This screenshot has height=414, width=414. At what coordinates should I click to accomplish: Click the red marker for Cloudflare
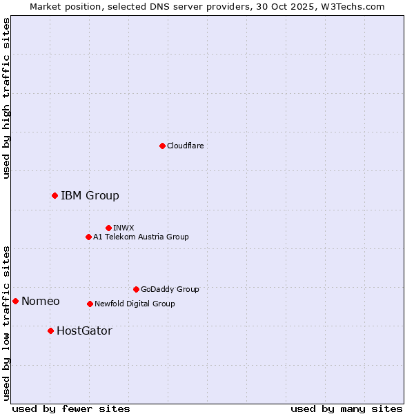(x=162, y=146)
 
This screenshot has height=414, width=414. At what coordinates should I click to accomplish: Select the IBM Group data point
(x=55, y=195)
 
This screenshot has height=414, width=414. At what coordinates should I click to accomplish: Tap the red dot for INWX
(x=108, y=228)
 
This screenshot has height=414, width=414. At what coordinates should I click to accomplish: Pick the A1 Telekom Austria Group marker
(x=88, y=237)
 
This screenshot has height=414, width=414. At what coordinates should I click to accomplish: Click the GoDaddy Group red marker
(x=136, y=289)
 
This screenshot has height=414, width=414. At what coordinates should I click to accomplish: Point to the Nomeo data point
(x=15, y=301)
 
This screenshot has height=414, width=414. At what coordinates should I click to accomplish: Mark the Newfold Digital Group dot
(x=90, y=304)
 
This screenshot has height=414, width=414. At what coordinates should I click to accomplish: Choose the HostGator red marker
(x=50, y=331)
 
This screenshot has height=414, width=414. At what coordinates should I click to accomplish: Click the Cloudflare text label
(x=185, y=146)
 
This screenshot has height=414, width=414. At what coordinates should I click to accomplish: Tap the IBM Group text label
(x=90, y=195)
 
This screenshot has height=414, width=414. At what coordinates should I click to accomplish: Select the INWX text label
(x=124, y=228)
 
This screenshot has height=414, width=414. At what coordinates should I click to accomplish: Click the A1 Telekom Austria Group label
(x=141, y=237)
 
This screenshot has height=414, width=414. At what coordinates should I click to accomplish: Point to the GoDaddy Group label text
(x=170, y=289)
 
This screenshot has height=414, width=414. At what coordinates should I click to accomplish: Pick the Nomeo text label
(x=40, y=301)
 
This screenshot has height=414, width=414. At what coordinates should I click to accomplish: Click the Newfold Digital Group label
(x=135, y=304)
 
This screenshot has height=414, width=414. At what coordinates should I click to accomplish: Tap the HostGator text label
(x=84, y=331)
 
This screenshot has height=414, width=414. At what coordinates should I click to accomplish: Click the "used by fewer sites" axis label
(x=71, y=408)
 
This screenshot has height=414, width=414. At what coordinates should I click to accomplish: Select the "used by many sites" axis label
(x=346, y=408)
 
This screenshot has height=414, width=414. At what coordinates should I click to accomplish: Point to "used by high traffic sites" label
(x=6, y=98)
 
